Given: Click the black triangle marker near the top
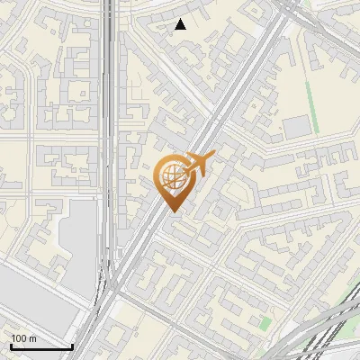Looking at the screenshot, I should click(x=180, y=24).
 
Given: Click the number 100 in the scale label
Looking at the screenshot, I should click(x=19, y=338).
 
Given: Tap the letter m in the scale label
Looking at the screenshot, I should click(x=32, y=338).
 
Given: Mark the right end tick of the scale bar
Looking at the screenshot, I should click(x=73, y=346).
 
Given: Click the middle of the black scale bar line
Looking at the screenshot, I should click(x=41, y=347).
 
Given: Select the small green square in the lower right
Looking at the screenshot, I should click(x=265, y=322).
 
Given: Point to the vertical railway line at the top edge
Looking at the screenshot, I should click(x=108, y=18).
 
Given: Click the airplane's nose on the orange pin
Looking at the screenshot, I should click(x=212, y=157).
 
